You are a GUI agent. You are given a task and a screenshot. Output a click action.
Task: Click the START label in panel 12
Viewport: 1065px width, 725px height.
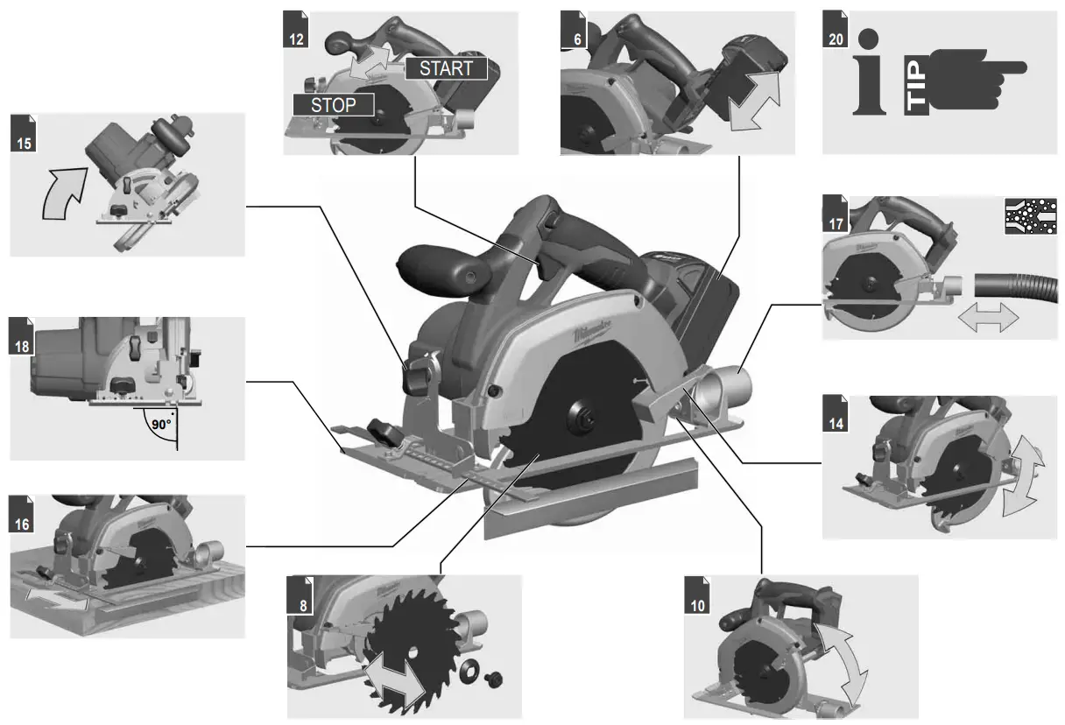tap(446, 67)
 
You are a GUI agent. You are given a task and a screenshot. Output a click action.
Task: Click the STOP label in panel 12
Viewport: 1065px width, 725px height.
tap(334, 105)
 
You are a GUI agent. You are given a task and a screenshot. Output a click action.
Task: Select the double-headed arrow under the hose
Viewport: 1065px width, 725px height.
tap(988, 318)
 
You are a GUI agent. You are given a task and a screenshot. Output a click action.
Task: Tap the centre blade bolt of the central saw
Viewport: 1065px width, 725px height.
tap(578, 417)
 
